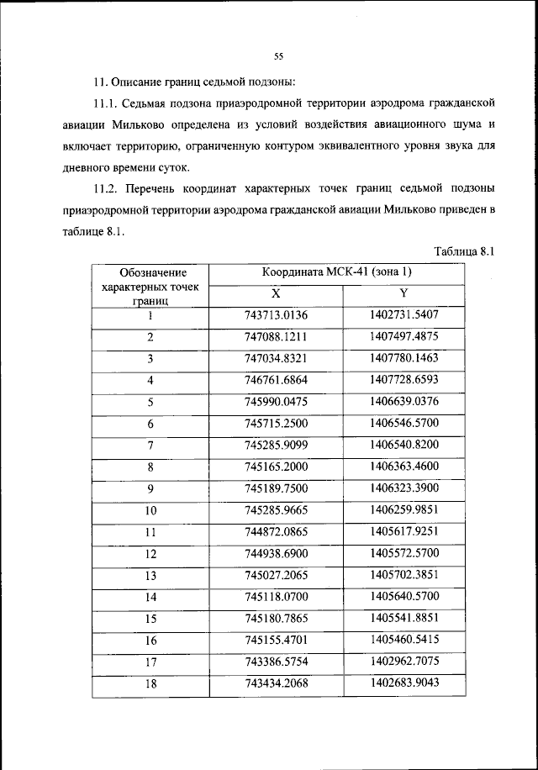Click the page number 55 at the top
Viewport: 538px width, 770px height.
tap(278, 56)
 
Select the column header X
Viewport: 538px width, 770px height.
tap(276, 294)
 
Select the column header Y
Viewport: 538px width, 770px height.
tap(403, 294)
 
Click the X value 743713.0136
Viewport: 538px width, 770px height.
tap(277, 316)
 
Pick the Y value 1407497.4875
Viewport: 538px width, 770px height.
tap(404, 337)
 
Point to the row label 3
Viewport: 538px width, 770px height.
tap(150, 359)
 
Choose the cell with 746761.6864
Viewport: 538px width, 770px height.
tap(277, 380)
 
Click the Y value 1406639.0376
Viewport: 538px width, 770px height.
tap(404, 402)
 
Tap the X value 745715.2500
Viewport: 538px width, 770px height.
tap(277, 424)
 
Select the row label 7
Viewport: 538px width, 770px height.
tap(150, 445)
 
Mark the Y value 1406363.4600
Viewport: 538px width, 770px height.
tap(404, 467)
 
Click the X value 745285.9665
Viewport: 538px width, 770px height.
tap(277, 509)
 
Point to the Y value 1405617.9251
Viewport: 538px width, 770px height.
tap(404, 531)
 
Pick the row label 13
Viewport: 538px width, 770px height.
tap(150, 575)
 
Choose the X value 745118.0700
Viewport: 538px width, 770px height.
tap(277, 596)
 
